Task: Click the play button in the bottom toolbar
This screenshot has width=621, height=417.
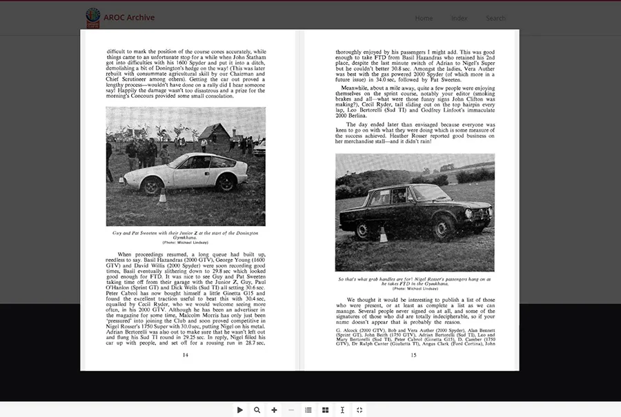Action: tap(240, 409)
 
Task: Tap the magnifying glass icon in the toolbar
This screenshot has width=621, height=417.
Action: tap(257, 409)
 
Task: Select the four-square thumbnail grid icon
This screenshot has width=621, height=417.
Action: tap(325, 409)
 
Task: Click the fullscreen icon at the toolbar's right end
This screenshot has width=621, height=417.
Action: tap(359, 409)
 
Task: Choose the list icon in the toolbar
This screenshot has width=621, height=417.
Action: tap(308, 409)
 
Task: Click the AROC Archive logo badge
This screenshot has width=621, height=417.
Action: tap(92, 17)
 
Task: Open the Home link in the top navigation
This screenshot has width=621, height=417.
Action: tap(424, 19)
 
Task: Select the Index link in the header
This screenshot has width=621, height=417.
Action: tap(459, 19)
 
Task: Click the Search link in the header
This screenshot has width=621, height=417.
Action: tap(495, 19)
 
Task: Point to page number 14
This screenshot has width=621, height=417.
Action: tap(185, 355)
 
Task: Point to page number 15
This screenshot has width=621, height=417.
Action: tap(413, 355)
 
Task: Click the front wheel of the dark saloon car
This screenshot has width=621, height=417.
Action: tap(442, 228)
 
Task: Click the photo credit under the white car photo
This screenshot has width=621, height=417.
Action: tap(185, 243)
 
